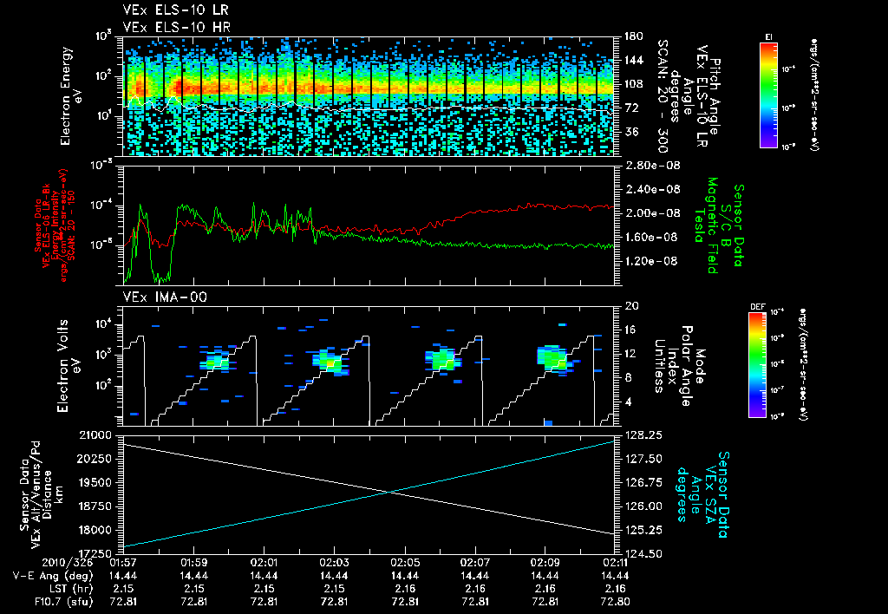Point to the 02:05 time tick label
click(x=404, y=561)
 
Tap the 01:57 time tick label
click(x=123, y=561)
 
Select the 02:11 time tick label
click(x=614, y=561)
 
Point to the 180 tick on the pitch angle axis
click(x=631, y=36)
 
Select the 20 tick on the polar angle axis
click(x=628, y=306)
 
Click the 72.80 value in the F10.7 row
click(x=614, y=601)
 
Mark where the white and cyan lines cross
click(x=392, y=492)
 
